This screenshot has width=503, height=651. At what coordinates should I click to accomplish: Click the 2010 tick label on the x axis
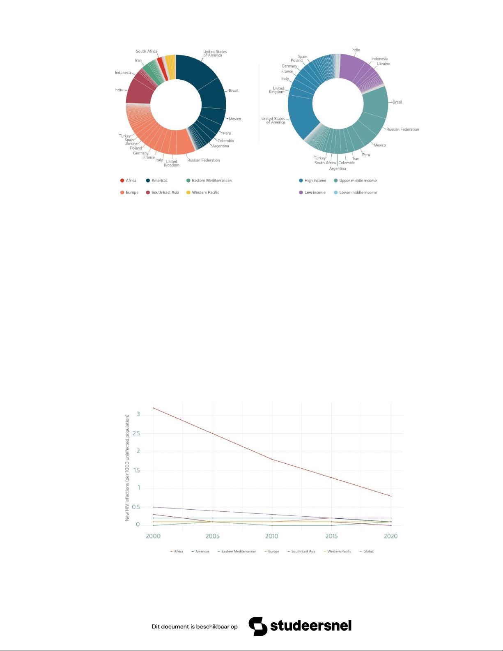[x=271, y=536]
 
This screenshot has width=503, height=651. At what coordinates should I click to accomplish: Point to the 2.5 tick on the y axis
[x=136, y=433]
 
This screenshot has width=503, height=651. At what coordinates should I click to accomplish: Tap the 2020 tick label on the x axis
[x=390, y=536]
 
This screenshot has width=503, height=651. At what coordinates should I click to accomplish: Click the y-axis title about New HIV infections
[x=127, y=467]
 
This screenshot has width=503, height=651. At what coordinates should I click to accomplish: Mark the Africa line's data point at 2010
[x=272, y=459]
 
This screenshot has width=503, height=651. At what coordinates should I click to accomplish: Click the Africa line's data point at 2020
[x=391, y=496]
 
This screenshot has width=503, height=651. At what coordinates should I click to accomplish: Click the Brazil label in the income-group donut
[x=397, y=102]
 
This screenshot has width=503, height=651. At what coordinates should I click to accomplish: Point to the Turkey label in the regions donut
[x=124, y=136]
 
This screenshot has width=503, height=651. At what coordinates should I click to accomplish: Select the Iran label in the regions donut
[x=138, y=61]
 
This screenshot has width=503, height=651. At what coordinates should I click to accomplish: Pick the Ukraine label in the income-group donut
[x=383, y=64]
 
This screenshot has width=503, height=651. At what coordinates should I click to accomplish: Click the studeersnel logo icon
[x=258, y=626]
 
